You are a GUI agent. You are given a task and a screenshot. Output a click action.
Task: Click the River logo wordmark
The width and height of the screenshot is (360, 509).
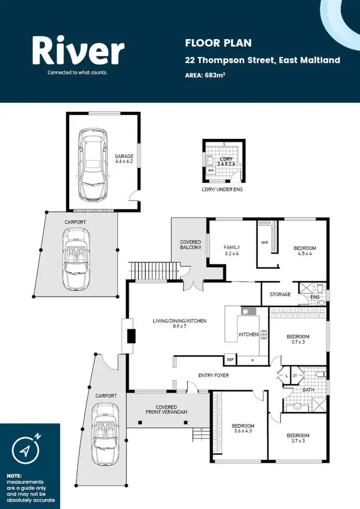78,52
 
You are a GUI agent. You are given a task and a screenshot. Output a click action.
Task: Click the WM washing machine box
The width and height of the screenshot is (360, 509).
211,170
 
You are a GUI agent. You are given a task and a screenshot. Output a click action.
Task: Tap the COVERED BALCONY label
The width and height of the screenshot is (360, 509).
191,245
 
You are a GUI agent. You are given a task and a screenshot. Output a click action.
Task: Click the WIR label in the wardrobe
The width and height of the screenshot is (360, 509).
264,242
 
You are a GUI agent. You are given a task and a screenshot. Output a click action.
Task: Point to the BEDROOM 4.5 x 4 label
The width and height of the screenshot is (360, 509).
305,251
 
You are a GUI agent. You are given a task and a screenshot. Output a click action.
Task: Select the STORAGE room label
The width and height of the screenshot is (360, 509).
280,294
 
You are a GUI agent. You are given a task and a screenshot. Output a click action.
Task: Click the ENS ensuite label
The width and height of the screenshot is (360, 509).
315,298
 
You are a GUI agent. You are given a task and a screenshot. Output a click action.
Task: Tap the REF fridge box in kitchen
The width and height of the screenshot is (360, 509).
230,359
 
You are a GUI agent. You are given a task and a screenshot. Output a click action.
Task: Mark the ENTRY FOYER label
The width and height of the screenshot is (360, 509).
214,375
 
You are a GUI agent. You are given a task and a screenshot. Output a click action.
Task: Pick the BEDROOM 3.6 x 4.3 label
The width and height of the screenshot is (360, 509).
243,429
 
